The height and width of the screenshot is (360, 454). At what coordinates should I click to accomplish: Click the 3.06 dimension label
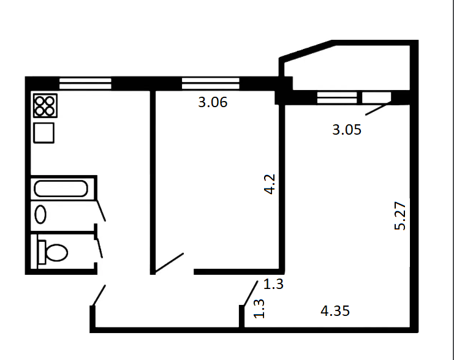[x=213, y=102]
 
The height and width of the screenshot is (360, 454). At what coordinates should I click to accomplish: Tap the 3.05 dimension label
[x=347, y=130]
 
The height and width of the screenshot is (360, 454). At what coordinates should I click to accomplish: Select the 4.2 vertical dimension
[x=270, y=184]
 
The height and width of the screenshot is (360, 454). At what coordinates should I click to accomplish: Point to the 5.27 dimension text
[x=400, y=216]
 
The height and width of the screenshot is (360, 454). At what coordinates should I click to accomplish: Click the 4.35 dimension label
[x=335, y=311]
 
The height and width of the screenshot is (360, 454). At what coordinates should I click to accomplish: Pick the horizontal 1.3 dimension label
[x=273, y=284]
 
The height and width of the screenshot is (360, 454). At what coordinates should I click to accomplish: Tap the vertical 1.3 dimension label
[x=259, y=309]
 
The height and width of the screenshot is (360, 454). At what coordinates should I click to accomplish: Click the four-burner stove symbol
[x=45, y=106]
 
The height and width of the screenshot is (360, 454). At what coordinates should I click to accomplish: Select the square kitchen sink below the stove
[x=44, y=133]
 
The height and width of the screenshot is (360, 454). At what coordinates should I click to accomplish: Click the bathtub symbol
[x=61, y=189]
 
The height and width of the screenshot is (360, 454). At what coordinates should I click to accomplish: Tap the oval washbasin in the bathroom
[x=40, y=214]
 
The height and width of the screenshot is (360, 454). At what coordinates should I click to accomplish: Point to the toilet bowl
[x=53, y=252]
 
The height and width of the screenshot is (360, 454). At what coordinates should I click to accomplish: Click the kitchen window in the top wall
[x=85, y=84]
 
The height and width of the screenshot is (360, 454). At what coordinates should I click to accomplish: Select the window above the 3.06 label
[x=211, y=83]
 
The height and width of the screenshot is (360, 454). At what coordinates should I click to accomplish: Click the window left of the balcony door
[x=337, y=97]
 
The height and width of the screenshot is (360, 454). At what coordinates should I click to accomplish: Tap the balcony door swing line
[x=376, y=109]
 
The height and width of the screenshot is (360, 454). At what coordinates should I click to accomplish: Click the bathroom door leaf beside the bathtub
[x=101, y=211]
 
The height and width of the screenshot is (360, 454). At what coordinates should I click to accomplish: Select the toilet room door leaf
[x=100, y=248]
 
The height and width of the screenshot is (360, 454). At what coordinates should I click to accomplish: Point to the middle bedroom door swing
[x=169, y=263]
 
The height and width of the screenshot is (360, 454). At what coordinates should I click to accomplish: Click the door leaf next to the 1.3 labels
[x=251, y=293]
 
